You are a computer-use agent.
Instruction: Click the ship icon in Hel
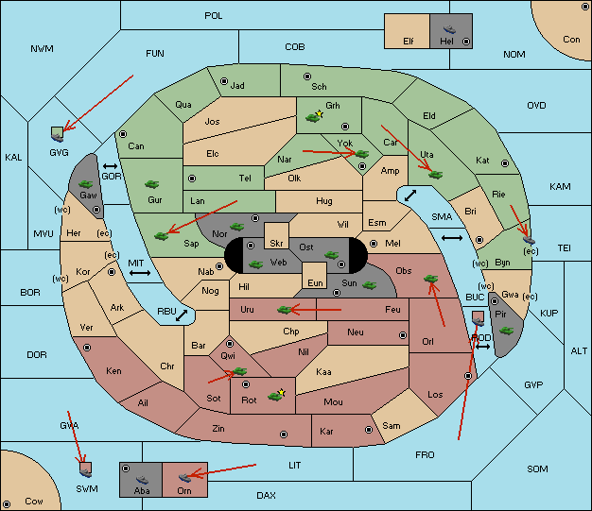tap(449, 29)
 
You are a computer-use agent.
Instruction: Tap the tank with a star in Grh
tap(315, 116)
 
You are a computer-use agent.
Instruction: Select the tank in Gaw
tap(86, 184)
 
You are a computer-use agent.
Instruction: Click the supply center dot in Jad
tap(224, 81)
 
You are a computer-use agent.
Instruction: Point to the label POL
tap(214, 16)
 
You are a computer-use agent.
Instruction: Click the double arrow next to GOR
tap(111, 166)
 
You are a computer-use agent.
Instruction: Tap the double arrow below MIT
tap(140, 273)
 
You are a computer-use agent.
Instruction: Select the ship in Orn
tap(184, 478)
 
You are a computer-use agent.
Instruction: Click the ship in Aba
tap(142, 479)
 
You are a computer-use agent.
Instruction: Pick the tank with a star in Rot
tap(276, 395)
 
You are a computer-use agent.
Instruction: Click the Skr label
tap(276, 244)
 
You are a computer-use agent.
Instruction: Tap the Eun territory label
tap(315, 282)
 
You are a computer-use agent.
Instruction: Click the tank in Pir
tap(506, 331)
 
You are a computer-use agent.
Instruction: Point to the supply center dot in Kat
tap(505, 163)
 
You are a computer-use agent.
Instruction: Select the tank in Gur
tap(151, 184)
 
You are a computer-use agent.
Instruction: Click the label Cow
tap(34, 502)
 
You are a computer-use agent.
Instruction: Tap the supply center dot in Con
tap(583, 8)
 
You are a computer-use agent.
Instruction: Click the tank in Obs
tap(431, 279)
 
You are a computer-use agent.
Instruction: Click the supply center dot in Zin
tap(284, 434)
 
